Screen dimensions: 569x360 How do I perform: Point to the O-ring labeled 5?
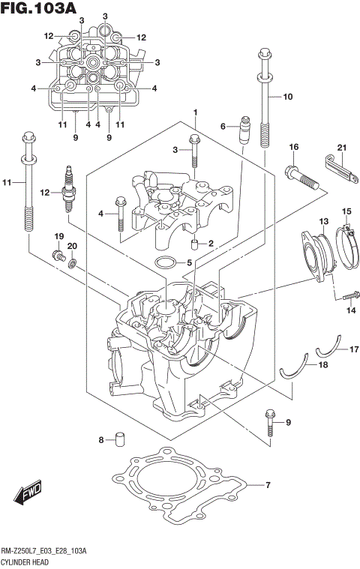(x=166, y=263)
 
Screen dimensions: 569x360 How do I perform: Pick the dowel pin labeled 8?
(x=118, y=439)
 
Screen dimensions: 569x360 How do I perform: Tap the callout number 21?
(x=342, y=147)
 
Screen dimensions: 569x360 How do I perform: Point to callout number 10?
(x=288, y=97)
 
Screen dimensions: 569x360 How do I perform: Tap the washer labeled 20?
(x=72, y=262)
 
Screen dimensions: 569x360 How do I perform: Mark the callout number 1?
(x=195, y=112)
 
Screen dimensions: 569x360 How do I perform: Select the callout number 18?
(x=323, y=364)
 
